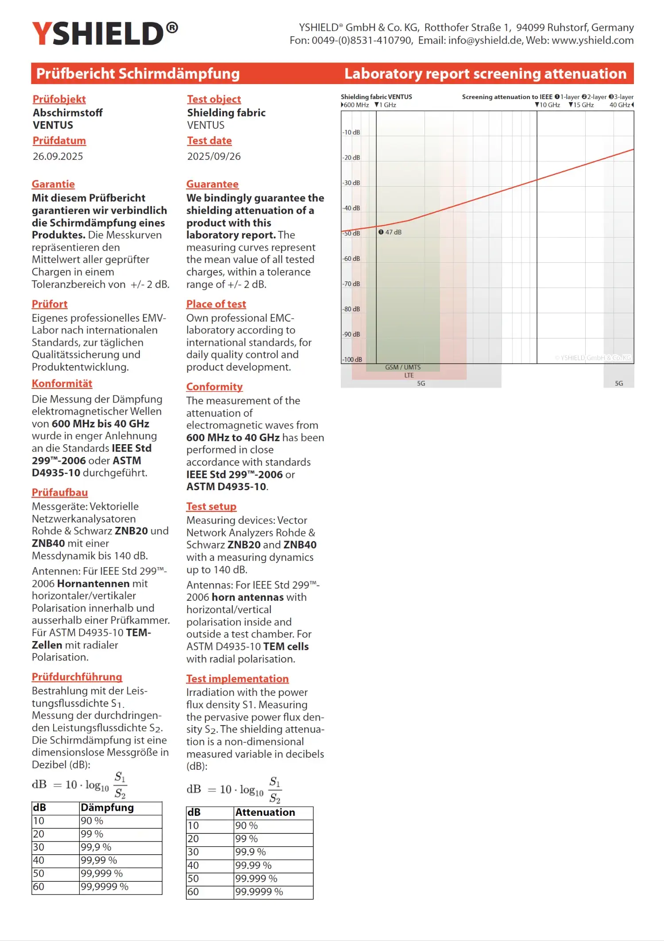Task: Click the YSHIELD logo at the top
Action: click(x=104, y=34)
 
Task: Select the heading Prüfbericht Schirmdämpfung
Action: click(x=138, y=73)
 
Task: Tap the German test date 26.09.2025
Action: click(x=58, y=156)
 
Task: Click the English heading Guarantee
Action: click(x=212, y=184)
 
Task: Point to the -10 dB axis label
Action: click(x=351, y=132)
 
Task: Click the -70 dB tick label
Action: click(x=351, y=284)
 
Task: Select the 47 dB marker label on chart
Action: click(x=393, y=232)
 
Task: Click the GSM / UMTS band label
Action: click(x=402, y=367)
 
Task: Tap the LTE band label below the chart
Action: click(x=409, y=375)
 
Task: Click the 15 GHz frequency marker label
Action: click(x=583, y=105)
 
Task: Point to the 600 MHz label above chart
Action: click(x=356, y=105)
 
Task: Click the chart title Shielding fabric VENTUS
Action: click(x=376, y=97)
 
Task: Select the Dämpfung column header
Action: click(x=107, y=807)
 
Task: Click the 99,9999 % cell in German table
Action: click(x=104, y=887)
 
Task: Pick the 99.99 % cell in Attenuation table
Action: click(x=253, y=865)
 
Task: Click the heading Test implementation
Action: click(x=237, y=679)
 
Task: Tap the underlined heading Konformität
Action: click(x=62, y=384)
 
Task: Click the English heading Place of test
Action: click(x=216, y=304)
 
